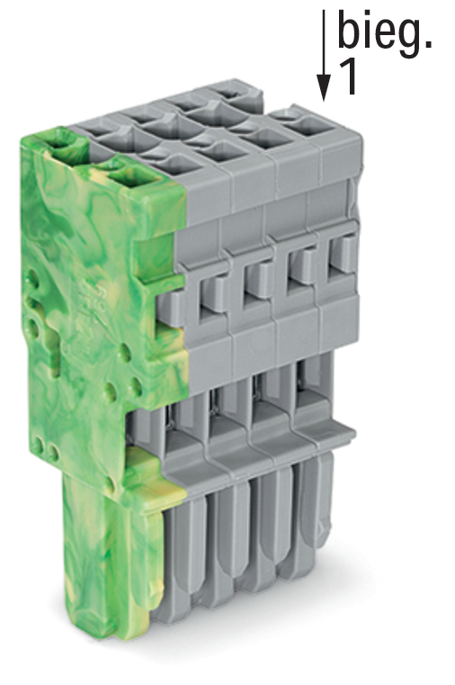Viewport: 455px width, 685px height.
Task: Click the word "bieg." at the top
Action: point(384,34)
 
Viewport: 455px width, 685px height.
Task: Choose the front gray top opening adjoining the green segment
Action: point(177,165)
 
